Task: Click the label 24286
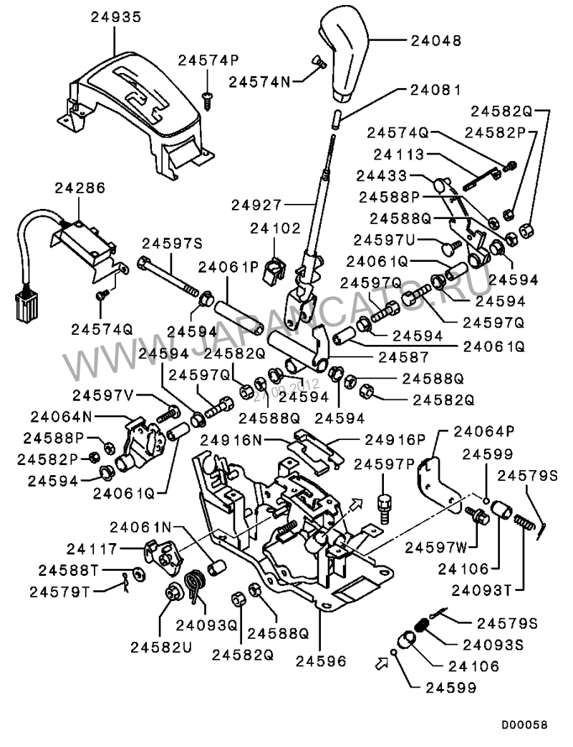(80, 189)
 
